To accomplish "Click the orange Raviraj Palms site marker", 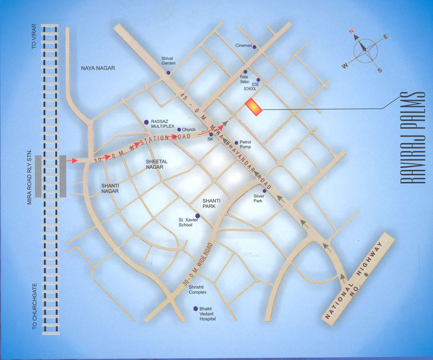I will coord(253,107).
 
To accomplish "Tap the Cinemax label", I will coord(244,45).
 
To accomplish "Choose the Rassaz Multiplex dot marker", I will coord(147,122).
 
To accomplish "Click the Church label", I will coord(189,129).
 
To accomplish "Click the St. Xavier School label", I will coord(185,222).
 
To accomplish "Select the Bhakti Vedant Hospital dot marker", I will coord(195,308).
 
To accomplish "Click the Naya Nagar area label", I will coord(98,68).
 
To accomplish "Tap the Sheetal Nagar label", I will coord(157,164).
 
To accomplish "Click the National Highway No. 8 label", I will coord(358,278).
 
